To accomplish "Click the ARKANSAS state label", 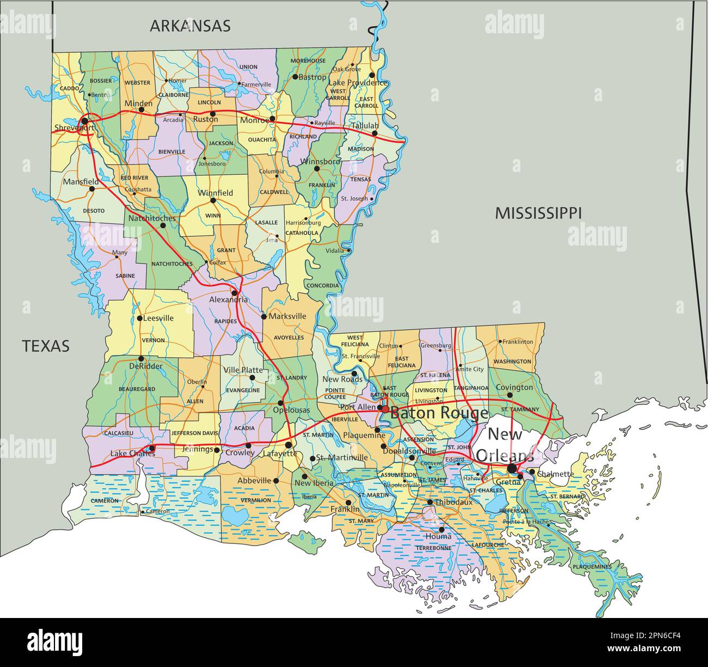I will (190, 26).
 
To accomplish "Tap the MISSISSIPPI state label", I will (538, 213).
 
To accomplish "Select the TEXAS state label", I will (46, 346).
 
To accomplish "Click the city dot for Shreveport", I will (84, 120).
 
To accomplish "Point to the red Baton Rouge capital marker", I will (385, 408).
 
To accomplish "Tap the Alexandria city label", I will (229, 299).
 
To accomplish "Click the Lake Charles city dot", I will (152, 449).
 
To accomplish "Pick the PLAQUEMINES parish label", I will (592, 567).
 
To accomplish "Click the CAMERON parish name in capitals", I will (105, 501).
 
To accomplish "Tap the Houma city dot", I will (442, 529).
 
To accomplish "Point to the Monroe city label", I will (254, 120).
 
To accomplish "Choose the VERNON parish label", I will (153, 340).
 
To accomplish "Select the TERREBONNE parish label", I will (434, 548).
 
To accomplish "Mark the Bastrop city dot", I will (295, 77).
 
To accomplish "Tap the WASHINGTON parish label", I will (512, 362).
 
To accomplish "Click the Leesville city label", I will (158, 318).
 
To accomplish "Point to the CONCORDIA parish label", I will (322, 285).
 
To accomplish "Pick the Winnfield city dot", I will (213, 200).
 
